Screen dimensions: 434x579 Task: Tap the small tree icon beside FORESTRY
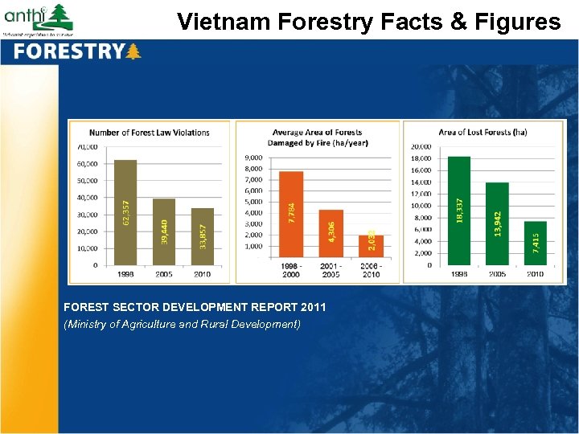(133, 52)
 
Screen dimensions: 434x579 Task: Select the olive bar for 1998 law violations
(125, 212)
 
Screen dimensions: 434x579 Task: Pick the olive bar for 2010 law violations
(203, 236)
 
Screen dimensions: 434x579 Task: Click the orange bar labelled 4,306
(331, 234)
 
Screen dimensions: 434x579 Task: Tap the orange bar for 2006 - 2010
(371, 247)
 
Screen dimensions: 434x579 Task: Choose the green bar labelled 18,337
(458, 211)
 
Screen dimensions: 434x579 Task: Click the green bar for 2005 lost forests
(497, 223)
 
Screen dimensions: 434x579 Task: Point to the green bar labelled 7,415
(536, 243)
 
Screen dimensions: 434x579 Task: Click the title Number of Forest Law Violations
(150, 133)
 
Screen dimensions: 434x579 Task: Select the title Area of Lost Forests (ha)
(483, 133)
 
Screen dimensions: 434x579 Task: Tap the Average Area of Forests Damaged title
(317, 137)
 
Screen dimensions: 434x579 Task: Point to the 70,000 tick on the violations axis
(88, 147)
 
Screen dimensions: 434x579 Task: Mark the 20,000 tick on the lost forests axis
(421, 147)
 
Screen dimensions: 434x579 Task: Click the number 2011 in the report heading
(312, 308)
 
